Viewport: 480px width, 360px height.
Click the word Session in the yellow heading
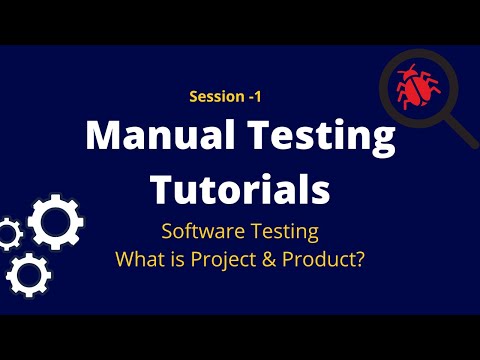coord(217,97)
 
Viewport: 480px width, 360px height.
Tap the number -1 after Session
coord(255,97)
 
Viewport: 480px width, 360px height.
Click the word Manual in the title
coord(160,135)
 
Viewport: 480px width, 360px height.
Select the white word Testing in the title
coord(321,138)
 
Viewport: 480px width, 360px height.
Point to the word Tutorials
coord(240,189)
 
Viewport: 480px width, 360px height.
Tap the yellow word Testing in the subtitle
coord(285,232)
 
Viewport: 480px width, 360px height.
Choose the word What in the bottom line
coord(140,259)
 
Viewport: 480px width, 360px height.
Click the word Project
coord(223,260)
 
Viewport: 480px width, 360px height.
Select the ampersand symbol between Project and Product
coord(269,259)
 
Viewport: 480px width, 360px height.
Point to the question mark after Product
coord(358,259)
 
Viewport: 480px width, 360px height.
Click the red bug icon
coord(418,87)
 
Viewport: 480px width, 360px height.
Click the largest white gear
coord(56,222)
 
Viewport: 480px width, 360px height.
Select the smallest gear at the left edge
coord(10,234)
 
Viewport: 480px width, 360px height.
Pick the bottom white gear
coord(29,275)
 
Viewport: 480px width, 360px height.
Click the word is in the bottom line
coord(178,259)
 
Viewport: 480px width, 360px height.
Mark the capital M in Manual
coord(103,135)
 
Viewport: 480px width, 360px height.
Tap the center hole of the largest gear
coord(56,222)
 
